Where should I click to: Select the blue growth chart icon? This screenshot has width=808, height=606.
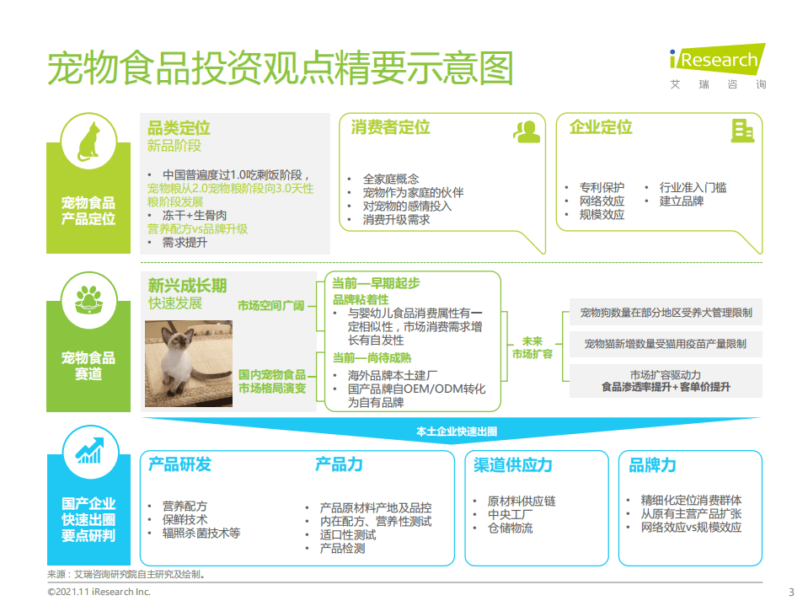tap(88, 450)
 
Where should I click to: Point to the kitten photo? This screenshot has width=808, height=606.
tap(189, 363)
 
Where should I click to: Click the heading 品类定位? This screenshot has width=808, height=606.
tap(179, 129)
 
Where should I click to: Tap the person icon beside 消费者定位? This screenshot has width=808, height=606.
tap(527, 131)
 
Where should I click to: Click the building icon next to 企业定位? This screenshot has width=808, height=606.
tap(741, 130)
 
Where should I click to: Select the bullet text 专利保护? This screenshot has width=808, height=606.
tap(602, 187)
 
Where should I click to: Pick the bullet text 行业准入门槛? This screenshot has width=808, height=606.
tap(693, 187)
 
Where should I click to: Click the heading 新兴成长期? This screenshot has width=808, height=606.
tap(187, 286)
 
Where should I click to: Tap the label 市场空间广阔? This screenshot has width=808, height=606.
tap(270, 305)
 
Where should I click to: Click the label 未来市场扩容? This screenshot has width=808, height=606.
tap(532, 347)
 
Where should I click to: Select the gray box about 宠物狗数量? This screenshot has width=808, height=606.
tap(666, 313)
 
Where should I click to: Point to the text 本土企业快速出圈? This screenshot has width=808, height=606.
tap(457, 431)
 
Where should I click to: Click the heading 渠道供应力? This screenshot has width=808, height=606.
tap(513, 464)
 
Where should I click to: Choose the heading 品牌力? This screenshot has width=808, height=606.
tap(652, 464)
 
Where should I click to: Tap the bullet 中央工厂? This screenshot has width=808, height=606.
tap(510, 514)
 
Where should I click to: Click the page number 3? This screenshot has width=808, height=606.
tap(790, 592)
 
